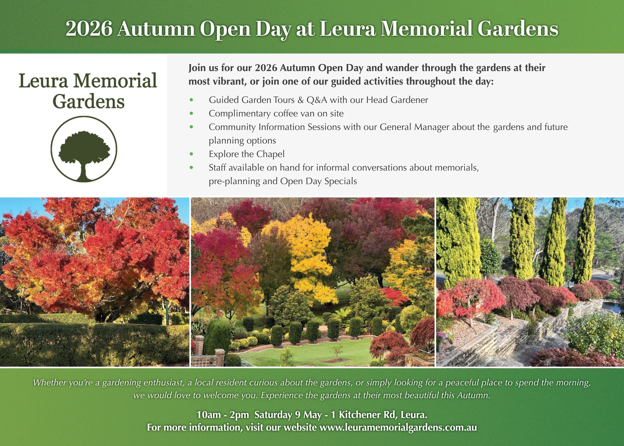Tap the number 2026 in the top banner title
coord(89,29)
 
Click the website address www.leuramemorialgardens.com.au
coord(398,427)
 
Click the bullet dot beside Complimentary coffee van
coord(191,113)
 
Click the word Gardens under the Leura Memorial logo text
coord(89,102)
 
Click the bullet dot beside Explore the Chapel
coord(191,154)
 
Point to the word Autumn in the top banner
coord(156,29)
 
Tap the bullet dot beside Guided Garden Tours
coord(191,100)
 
